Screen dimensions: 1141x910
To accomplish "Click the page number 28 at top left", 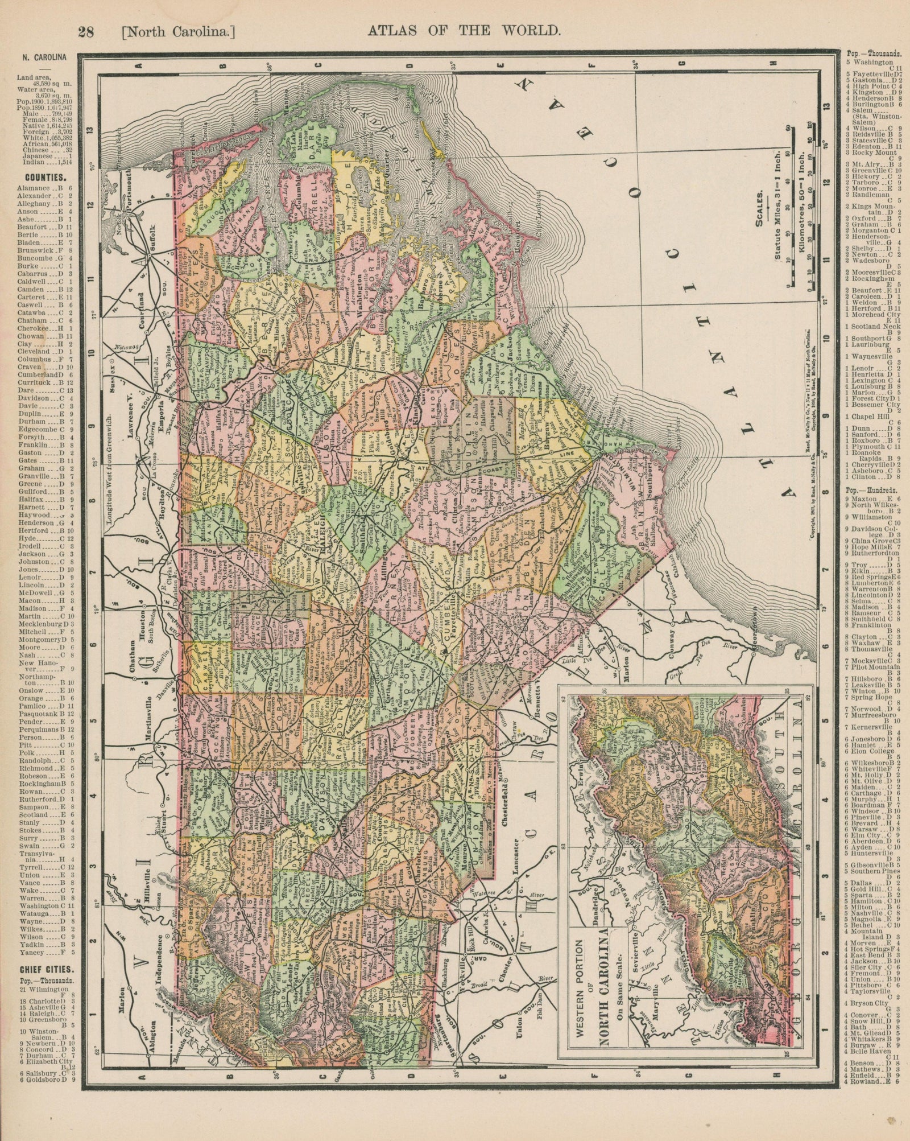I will pos(86,33).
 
